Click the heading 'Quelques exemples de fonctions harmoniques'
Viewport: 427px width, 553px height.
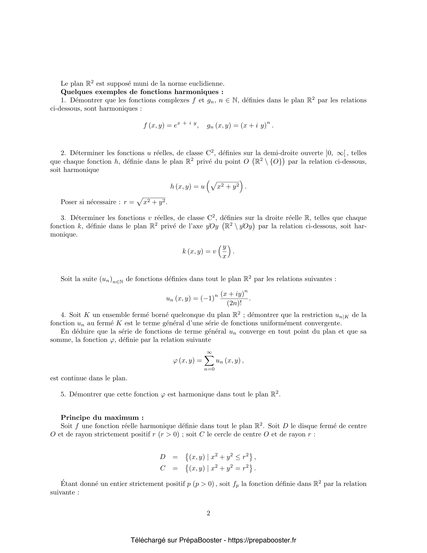point(142,92)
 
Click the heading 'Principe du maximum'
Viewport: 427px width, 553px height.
point(102,418)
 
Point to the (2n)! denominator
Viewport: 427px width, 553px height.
point(234,303)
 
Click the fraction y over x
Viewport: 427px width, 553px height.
point(224,252)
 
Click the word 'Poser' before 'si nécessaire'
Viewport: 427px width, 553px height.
point(69,202)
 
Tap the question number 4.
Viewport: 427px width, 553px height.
point(63,315)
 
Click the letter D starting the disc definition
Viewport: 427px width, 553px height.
point(163,457)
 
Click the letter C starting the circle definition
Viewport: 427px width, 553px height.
point(163,469)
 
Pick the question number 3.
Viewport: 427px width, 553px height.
point(63,218)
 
